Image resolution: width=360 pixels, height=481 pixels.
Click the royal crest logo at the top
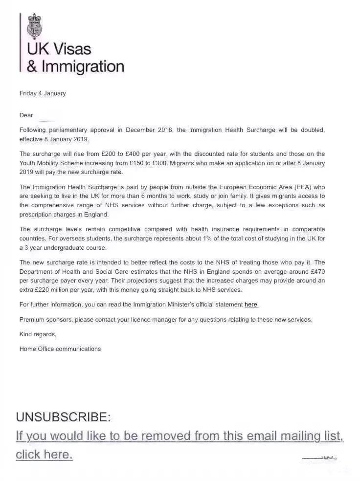click(35, 27)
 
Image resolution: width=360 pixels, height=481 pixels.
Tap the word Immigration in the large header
click(82, 66)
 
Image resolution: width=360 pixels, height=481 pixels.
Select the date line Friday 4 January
click(43, 93)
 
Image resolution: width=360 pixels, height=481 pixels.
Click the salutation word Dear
click(26, 115)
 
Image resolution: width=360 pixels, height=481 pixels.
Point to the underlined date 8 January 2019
click(66, 139)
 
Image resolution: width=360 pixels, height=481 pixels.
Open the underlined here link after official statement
click(251, 305)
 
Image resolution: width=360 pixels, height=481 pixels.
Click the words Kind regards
click(38, 334)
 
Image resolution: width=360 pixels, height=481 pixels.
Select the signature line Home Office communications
click(60, 349)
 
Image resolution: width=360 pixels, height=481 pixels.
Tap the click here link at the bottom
click(44, 455)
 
